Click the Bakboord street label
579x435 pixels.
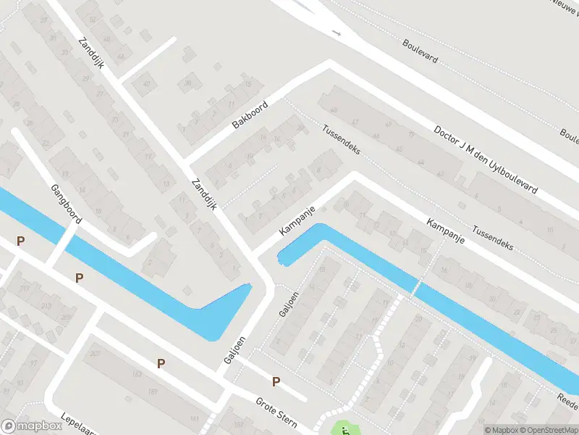pos(250,116)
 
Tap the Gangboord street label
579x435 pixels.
pos(66,204)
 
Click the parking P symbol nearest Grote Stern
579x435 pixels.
pos(276,382)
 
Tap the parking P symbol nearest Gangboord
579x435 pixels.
pos(21,241)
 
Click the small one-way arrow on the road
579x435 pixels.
pos(336,33)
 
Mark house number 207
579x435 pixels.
pos(95,353)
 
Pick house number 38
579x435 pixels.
pos(188,83)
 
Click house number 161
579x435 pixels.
pos(194,419)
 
